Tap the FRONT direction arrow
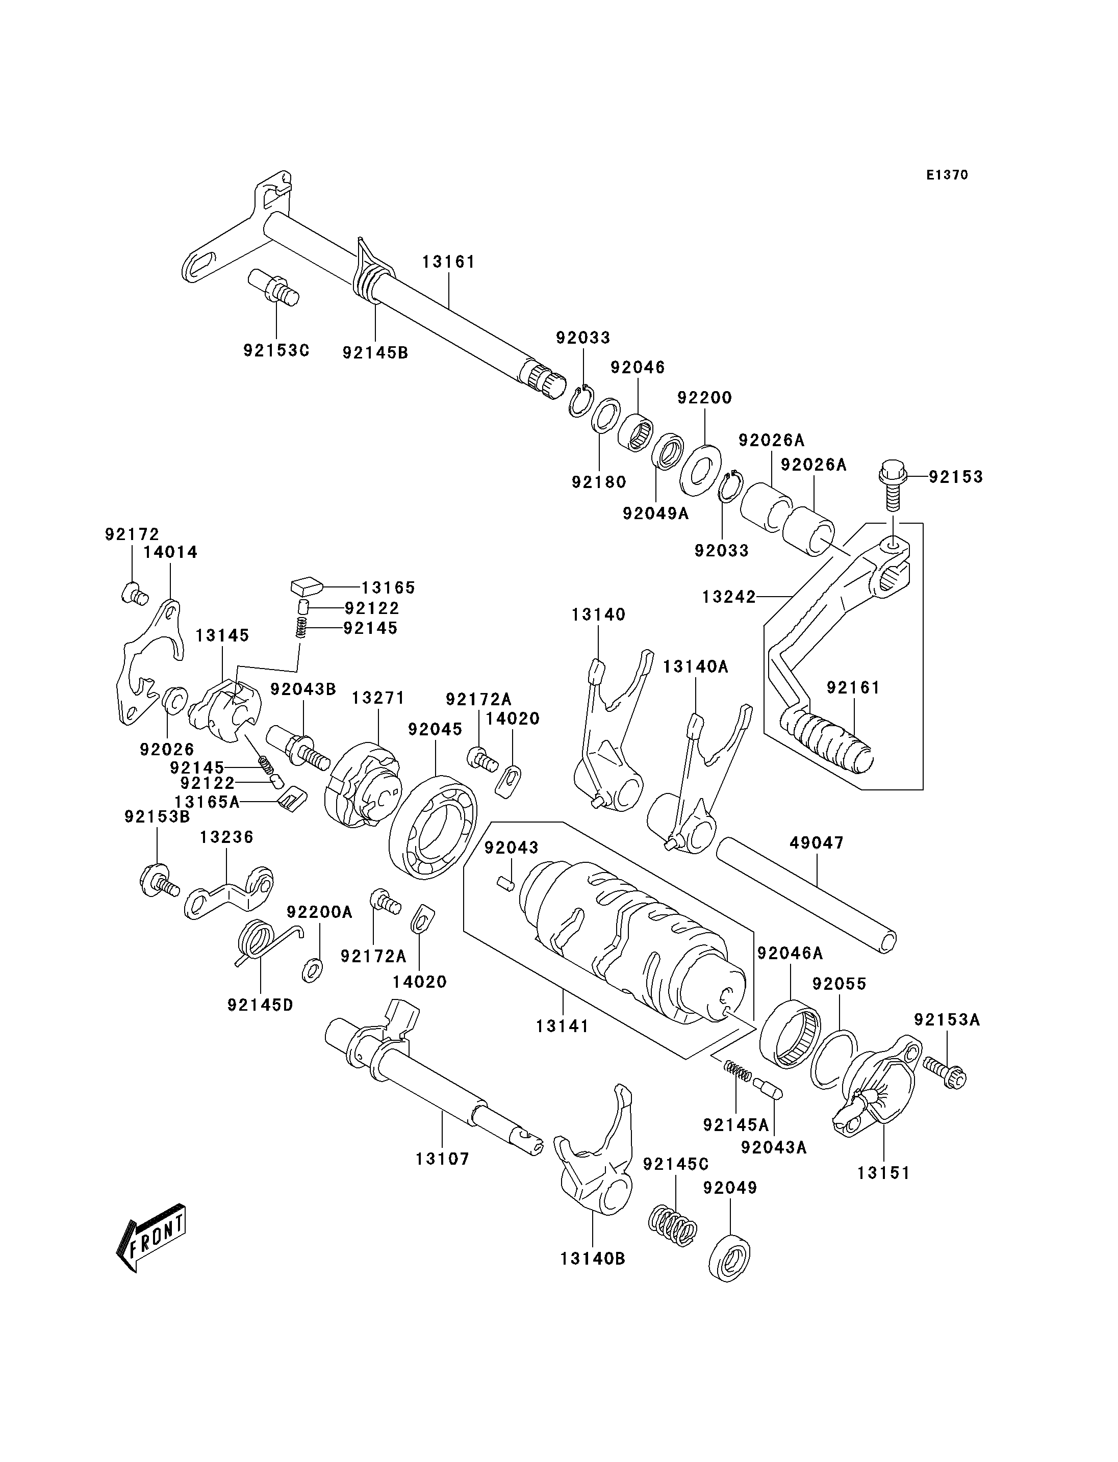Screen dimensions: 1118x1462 tap(151, 1238)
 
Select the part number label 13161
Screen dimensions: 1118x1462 tap(449, 262)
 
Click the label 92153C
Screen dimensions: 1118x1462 tap(276, 350)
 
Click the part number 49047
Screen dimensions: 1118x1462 tap(817, 843)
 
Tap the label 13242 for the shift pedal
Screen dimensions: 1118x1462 tap(729, 597)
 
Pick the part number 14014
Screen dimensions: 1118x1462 tap(170, 552)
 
